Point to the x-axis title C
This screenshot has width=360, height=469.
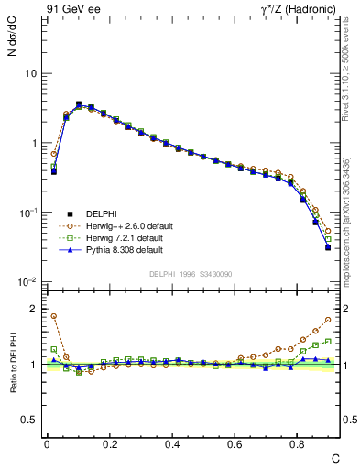(335, 458)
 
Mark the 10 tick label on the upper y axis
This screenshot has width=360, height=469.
(29, 73)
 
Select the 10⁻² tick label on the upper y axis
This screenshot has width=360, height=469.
(27, 281)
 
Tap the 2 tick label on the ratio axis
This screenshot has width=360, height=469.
(33, 309)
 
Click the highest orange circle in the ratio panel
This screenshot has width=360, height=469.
(53, 316)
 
